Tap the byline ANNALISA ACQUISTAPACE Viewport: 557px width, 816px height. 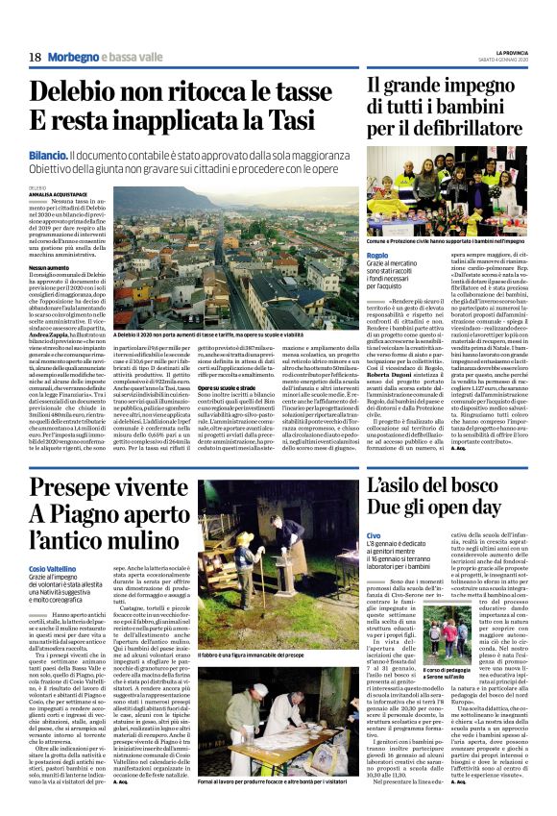coord(63,194)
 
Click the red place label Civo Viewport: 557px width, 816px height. coord(374,534)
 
